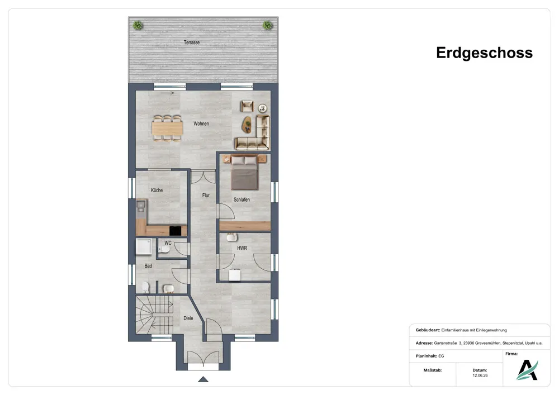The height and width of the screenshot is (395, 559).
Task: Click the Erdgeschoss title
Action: tap(484, 53)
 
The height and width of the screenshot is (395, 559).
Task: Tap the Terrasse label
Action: tap(192, 42)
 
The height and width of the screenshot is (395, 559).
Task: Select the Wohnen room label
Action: tap(201, 123)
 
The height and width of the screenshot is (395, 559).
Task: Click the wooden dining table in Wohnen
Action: tap(168, 129)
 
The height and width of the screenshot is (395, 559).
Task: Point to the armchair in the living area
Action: tap(247, 106)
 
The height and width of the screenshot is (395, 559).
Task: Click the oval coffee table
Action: tap(247, 125)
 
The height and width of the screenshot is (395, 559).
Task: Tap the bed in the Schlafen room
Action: tap(245, 173)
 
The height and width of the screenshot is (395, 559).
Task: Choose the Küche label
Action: tap(157, 190)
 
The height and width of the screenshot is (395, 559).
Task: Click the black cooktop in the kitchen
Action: tap(175, 231)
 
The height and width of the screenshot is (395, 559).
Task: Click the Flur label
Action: tap(206, 195)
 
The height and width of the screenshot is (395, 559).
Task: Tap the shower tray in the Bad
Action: tap(144, 247)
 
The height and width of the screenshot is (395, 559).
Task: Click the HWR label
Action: tap(242, 248)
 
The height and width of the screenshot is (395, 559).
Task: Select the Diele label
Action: tap(188, 318)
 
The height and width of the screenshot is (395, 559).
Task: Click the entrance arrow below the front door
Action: tap(203, 379)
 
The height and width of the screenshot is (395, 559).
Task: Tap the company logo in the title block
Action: tap(527, 370)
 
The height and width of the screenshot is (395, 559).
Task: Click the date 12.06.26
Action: tap(480, 375)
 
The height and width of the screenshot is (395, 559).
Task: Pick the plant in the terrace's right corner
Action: tap(268, 25)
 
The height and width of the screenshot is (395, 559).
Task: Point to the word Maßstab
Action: tap(433, 370)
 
